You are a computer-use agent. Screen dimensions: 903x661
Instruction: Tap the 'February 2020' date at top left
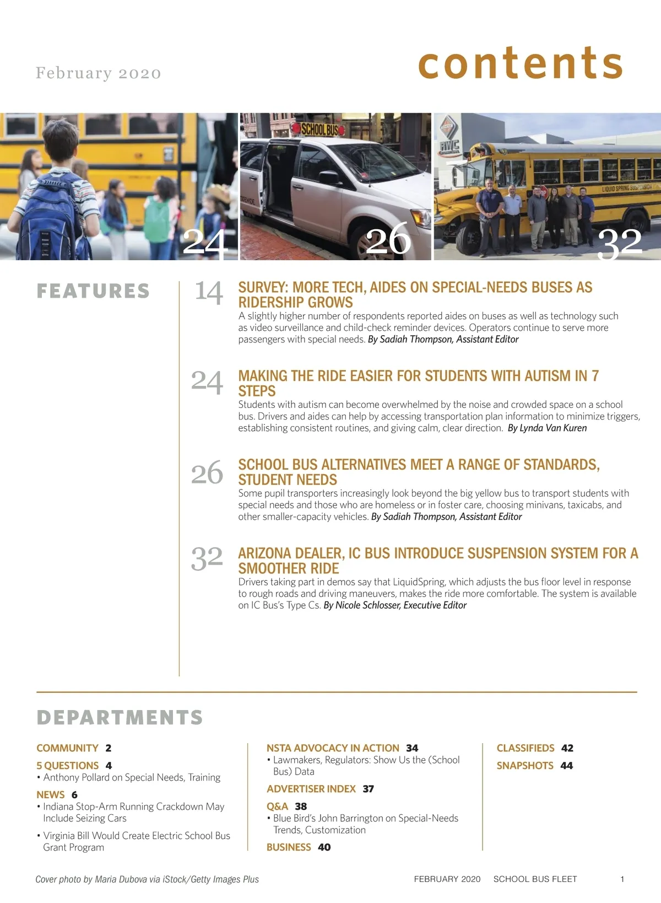point(98,73)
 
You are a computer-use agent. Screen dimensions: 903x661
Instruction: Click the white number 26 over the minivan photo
point(388,239)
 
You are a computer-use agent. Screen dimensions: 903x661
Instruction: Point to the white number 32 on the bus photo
point(620,243)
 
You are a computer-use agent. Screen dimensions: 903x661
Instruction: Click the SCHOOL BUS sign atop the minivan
point(319,130)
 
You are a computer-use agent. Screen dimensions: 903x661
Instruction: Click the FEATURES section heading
point(93,291)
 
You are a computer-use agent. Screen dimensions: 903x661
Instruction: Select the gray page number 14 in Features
point(208,292)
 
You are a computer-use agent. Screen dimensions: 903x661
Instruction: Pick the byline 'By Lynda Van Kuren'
point(547,428)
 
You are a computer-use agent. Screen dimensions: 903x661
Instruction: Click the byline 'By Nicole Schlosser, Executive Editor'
point(395,605)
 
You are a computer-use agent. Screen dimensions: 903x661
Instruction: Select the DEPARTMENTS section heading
point(120,717)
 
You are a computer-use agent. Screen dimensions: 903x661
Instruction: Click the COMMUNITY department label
point(67,748)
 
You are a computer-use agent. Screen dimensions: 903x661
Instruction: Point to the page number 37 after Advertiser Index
point(368,789)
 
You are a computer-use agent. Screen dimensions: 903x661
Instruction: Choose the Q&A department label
point(277,806)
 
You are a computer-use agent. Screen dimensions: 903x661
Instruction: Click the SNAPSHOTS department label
point(524,766)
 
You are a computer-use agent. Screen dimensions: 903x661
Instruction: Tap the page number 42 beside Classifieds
point(567,748)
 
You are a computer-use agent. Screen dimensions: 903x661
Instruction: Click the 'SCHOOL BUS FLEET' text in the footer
point(535,879)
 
